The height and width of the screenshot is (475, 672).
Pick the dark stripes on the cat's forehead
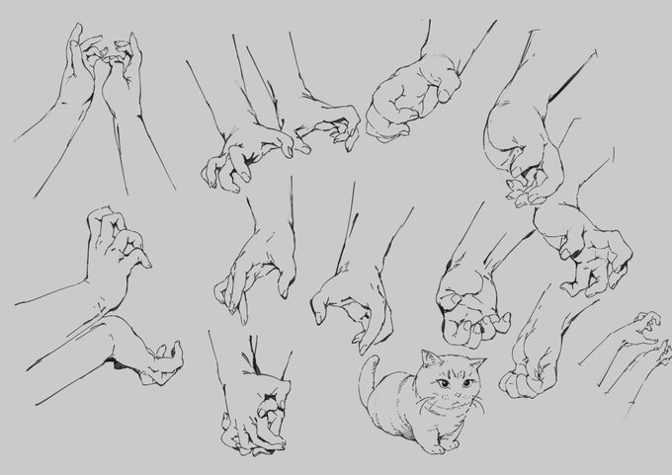(454, 370)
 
